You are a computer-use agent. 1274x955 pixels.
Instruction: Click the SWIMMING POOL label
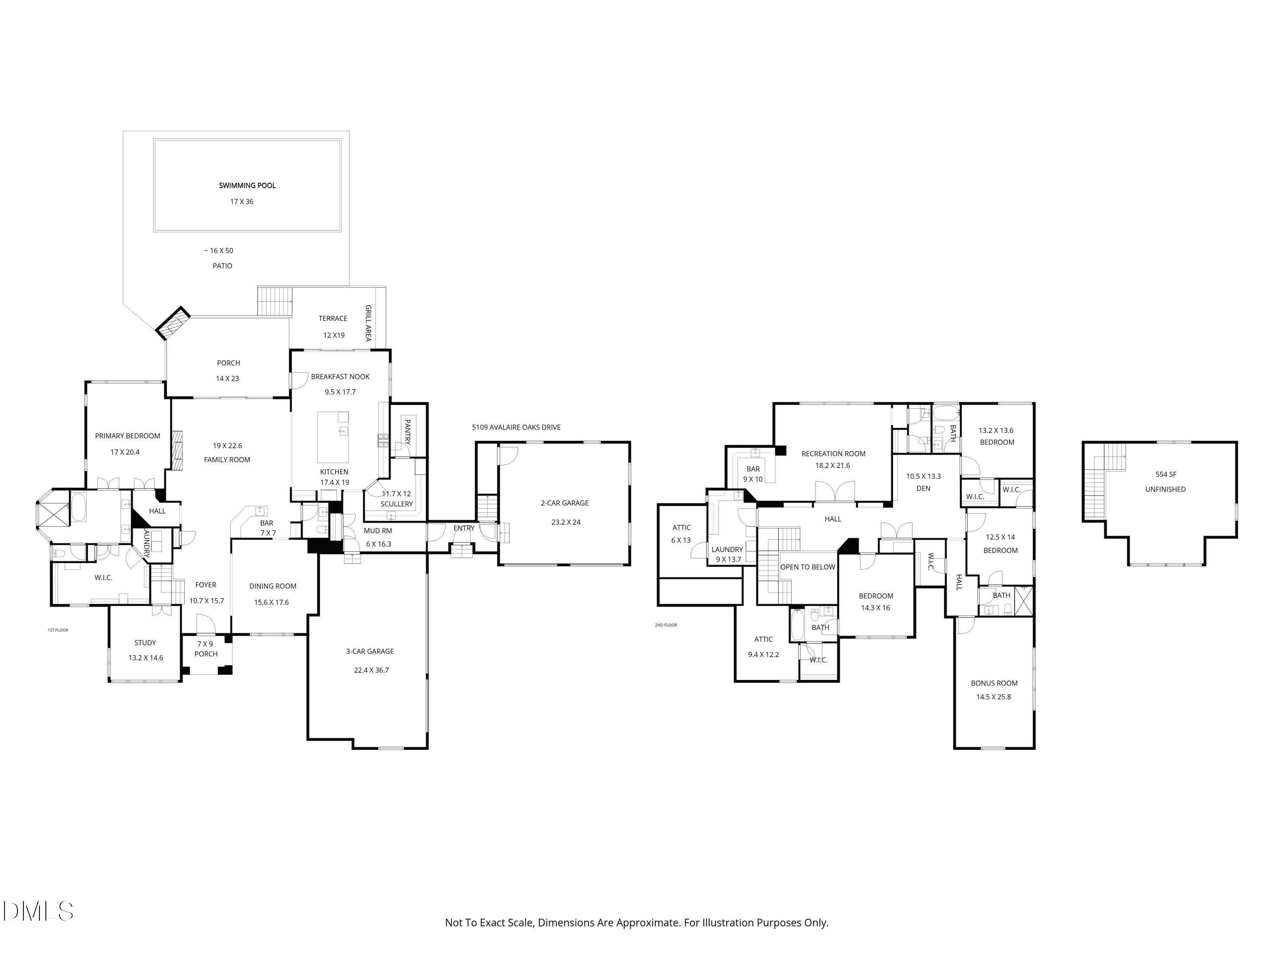click(247, 185)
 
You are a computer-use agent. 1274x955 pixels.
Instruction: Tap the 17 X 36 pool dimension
click(242, 202)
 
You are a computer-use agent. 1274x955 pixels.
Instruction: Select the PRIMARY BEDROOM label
click(127, 436)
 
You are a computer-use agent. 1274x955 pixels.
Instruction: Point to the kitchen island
click(333, 437)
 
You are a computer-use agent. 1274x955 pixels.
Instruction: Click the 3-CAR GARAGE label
click(370, 651)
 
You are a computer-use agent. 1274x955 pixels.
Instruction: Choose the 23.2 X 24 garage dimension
click(566, 522)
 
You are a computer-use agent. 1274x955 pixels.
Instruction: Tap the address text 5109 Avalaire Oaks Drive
click(516, 427)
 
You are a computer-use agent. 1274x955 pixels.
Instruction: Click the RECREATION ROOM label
click(833, 454)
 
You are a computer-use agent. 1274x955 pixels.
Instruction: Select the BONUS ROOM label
click(994, 683)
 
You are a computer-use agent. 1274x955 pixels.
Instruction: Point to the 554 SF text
click(1166, 475)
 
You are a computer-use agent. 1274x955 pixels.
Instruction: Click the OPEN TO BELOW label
click(807, 567)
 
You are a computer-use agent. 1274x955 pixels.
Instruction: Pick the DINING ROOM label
click(273, 586)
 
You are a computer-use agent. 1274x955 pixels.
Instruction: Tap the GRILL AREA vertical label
click(368, 323)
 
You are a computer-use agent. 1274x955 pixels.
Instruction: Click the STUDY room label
click(145, 643)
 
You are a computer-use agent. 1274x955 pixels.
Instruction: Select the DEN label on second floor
click(923, 488)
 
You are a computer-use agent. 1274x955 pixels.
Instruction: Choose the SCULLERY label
click(396, 504)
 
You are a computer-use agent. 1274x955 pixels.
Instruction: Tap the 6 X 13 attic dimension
click(681, 540)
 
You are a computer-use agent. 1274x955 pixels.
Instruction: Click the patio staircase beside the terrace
click(275, 301)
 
